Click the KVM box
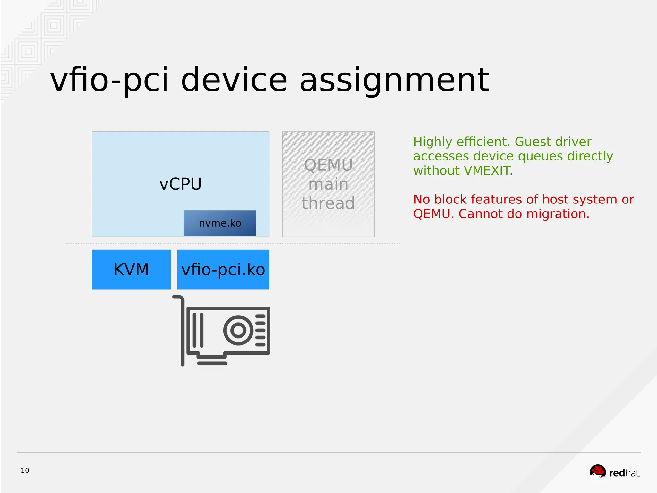[x=131, y=269]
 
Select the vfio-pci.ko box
[x=223, y=269]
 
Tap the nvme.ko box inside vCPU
[x=220, y=223]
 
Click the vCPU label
[x=180, y=184]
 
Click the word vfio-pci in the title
[x=109, y=80]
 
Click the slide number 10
[x=25, y=471]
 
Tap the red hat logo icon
[x=598, y=471]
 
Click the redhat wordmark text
[x=625, y=473]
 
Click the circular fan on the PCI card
[x=238, y=330]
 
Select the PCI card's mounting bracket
[x=182, y=331]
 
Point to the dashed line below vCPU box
[x=233, y=243]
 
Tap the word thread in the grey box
[x=328, y=203]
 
